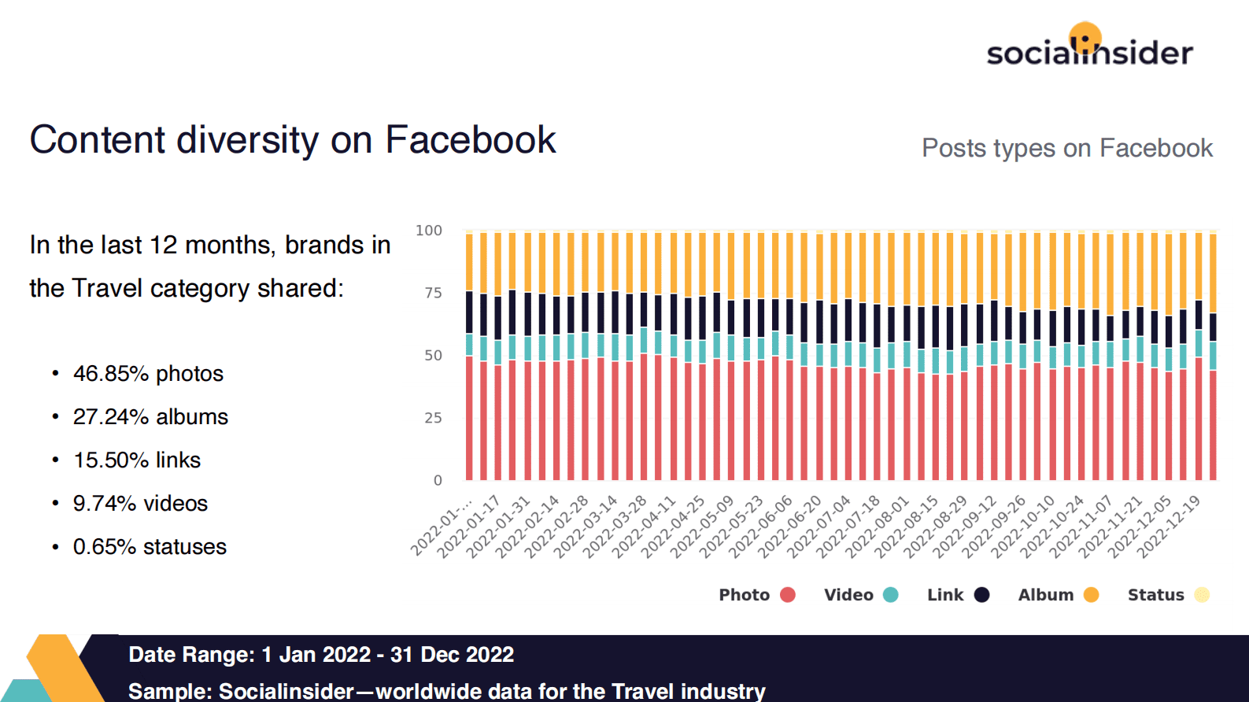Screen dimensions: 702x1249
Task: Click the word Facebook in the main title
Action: tap(470, 140)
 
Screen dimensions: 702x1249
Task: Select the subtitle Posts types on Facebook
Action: tap(1066, 148)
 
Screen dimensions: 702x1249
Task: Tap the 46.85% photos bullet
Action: tap(148, 374)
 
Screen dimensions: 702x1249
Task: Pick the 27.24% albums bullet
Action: tap(150, 417)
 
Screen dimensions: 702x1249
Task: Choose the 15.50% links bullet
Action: tap(137, 460)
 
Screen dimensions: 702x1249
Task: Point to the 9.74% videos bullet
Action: tap(140, 504)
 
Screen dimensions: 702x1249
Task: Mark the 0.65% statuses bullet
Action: tap(150, 547)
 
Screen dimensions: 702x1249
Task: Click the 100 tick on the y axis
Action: tap(429, 231)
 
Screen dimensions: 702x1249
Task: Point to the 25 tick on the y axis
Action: tap(433, 418)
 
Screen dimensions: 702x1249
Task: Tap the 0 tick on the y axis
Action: tap(438, 480)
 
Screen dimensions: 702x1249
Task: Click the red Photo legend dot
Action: tap(788, 595)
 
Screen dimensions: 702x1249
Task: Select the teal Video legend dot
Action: tap(891, 595)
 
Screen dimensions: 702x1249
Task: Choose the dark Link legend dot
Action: tap(981, 595)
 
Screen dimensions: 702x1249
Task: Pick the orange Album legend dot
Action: tap(1091, 595)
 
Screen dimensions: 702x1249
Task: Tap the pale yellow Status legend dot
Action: tap(1201, 595)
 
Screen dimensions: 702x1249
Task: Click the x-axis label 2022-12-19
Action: tap(1170, 526)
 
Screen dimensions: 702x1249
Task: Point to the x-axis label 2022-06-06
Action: tap(760, 526)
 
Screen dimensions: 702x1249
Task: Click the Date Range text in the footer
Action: tap(321, 655)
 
